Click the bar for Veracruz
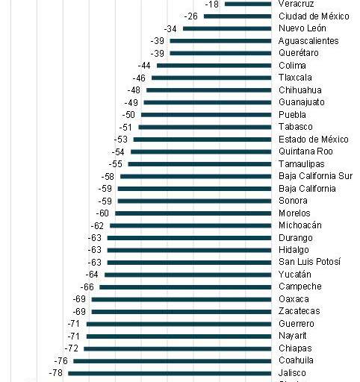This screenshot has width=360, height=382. [x=248, y=4]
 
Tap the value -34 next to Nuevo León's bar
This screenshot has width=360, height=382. [x=170, y=28]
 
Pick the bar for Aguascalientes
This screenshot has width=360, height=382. [x=220, y=40]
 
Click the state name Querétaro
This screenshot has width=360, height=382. [x=298, y=53]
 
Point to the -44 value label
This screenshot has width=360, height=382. [x=144, y=65]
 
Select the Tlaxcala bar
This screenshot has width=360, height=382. [x=211, y=78]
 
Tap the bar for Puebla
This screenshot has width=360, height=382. [x=206, y=114]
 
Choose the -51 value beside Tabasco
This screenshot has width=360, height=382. [x=126, y=127]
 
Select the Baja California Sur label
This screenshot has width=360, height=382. [x=315, y=176]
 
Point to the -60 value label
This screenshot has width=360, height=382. [x=102, y=213]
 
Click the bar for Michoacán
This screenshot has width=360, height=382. [x=190, y=225]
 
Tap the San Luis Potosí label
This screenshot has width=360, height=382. [x=309, y=262]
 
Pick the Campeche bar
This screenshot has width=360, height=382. [x=185, y=286]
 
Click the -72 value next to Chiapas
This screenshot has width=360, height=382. [x=72, y=348]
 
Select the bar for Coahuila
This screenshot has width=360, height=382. [x=172, y=360]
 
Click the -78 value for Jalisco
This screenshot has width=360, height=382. [x=56, y=372]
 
